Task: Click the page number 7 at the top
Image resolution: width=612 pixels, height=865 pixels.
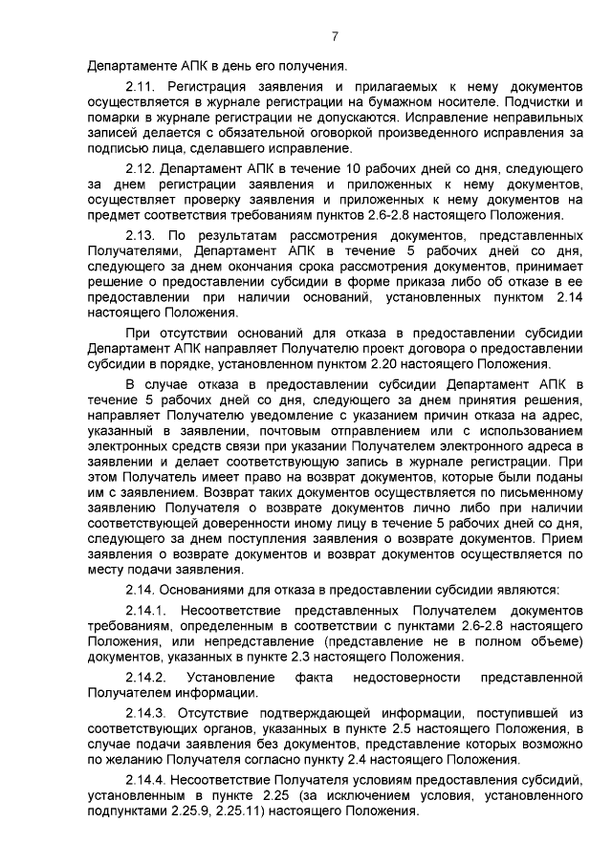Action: coord(335,37)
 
